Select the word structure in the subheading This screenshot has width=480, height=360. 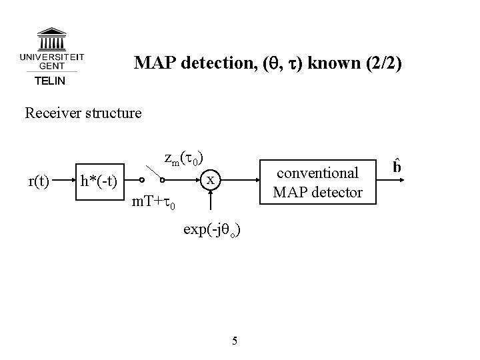pyautogui.click(x=114, y=113)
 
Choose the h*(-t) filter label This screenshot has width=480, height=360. pyautogui.click(x=99, y=181)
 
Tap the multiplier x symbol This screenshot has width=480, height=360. pyautogui.click(x=210, y=180)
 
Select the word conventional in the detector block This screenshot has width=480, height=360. pyautogui.click(x=317, y=173)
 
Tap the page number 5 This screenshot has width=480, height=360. pyautogui.click(x=234, y=342)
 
